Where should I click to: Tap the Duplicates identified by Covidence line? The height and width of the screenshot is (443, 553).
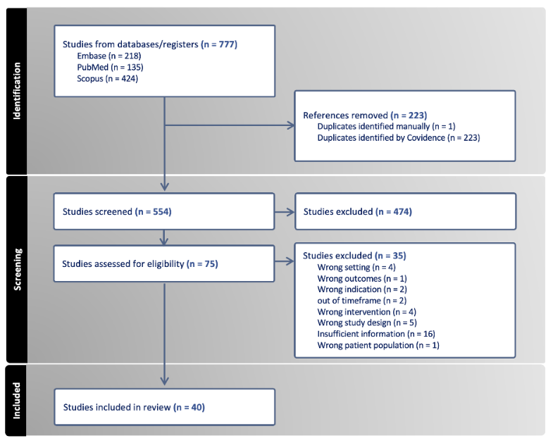pos(398,137)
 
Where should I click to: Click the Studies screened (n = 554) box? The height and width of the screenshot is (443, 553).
pos(163,211)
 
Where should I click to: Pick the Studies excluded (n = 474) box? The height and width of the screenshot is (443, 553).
pos(404,211)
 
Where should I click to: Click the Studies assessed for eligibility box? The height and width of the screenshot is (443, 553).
pos(163,264)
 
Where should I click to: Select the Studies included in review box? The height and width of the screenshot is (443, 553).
pos(163,407)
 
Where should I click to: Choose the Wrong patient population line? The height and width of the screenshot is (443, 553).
pos(378,345)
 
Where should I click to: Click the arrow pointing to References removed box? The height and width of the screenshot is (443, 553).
pos(289,126)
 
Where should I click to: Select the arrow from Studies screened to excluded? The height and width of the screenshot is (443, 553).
pos(285,211)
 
